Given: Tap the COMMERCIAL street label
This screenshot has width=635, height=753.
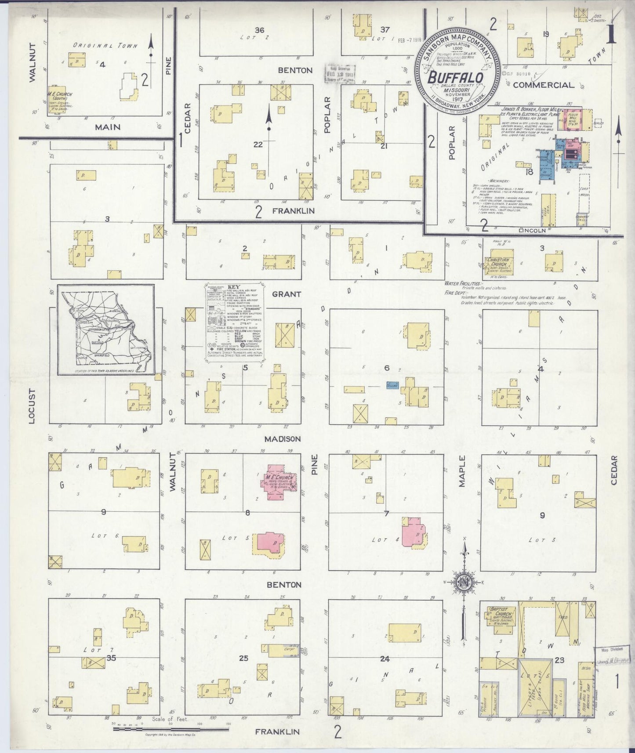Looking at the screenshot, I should (x=543, y=85).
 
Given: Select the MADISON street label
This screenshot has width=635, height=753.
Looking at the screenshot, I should (x=283, y=439).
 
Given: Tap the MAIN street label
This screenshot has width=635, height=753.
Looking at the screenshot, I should (x=107, y=127).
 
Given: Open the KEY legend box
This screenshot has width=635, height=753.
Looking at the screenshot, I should (x=235, y=323).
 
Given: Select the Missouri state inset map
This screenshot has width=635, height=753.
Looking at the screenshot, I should (x=106, y=330).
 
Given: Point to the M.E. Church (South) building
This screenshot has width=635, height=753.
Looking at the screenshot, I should (x=60, y=101).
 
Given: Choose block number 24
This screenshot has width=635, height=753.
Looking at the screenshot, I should (x=385, y=659).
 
